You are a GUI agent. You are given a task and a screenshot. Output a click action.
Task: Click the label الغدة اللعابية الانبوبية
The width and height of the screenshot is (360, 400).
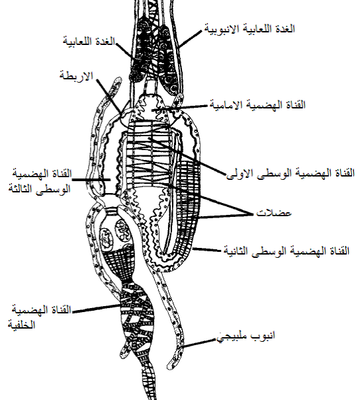(249, 28)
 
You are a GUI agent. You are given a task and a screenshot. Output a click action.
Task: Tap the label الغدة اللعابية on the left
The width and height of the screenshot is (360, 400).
(89, 42)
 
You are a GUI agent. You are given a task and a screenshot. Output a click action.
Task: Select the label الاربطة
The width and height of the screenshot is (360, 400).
(76, 76)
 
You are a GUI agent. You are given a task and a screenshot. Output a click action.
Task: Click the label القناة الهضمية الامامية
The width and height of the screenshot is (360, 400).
(257, 104)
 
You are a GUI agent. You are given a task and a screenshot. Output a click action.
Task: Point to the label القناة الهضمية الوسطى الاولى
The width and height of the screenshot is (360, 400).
(291, 173)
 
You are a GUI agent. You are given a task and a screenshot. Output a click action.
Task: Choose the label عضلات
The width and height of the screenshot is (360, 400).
(274, 213)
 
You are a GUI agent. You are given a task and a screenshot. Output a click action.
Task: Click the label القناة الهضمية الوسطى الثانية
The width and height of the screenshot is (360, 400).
(286, 251)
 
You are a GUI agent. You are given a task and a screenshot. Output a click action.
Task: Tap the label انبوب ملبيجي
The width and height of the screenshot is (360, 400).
(246, 336)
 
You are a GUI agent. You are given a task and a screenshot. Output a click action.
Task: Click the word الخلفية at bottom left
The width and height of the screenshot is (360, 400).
(21, 325)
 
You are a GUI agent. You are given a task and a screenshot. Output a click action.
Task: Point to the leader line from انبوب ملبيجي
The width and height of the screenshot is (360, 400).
(199, 343)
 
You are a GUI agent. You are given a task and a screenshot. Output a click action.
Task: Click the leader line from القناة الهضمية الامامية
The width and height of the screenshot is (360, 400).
(180, 107)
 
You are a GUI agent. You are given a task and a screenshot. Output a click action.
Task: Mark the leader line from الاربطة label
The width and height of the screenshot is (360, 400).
(110, 96)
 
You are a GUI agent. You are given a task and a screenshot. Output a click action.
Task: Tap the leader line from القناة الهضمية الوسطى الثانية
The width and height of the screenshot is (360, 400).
(207, 249)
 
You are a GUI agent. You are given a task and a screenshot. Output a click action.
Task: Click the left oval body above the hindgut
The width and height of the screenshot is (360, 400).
(107, 239)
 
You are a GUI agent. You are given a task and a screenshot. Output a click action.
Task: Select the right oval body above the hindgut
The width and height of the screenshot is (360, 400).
(124, 230)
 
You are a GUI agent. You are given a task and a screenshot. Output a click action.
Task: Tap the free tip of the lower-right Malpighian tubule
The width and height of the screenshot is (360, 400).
(169, 366)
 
